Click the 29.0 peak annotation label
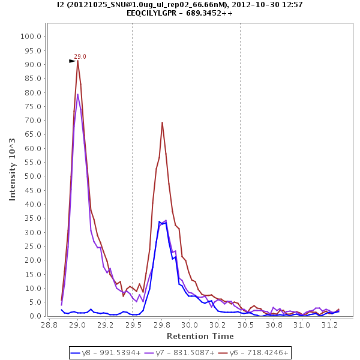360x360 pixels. click(80, 56)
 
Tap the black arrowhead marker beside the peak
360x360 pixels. click(72, 61)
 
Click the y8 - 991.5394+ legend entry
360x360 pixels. click(104, 353)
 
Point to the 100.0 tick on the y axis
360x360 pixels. click(31, 36)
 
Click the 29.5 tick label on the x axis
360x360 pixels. click(133, 325)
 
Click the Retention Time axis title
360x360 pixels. click(200, 335)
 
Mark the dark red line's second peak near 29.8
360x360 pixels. click(162, 122)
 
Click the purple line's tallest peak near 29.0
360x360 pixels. click(77, 94)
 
